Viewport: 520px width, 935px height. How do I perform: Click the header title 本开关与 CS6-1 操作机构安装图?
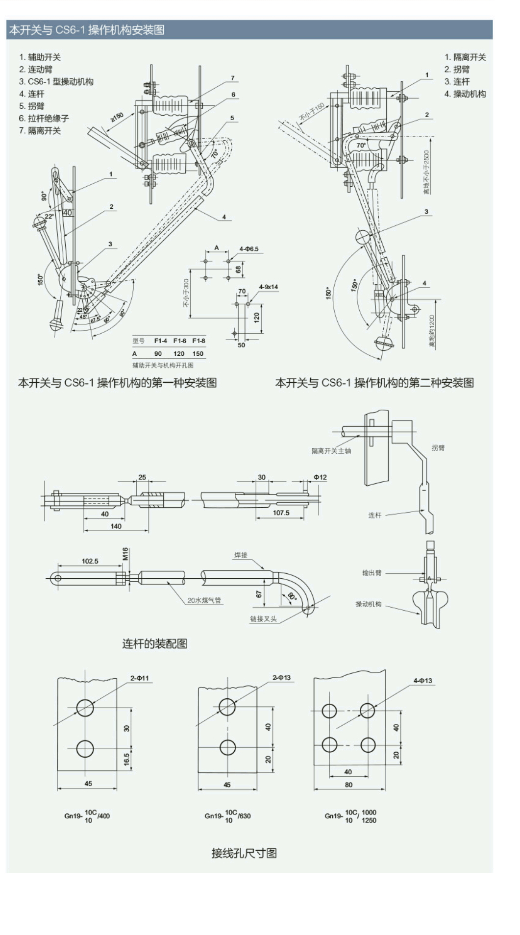[x=87, y=30]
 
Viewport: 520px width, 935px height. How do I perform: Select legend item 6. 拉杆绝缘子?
[x=44, y=118]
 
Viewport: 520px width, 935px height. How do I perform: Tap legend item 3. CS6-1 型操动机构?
[x=56, y=81]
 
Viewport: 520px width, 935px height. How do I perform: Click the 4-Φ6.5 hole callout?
[x=248, y=249]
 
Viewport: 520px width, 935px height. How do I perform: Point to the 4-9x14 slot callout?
[x=268, y=287]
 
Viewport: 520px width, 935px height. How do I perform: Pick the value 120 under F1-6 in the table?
[x=179, y=353]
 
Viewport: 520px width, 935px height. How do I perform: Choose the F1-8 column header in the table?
[x=198, y=341]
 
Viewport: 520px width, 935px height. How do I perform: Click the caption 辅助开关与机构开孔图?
[x=163, y=365]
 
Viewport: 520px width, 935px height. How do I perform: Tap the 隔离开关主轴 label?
[x=331, y=451]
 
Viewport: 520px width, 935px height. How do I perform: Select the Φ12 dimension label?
[x=320, y=477]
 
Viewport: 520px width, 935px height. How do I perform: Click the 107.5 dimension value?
[x=281, y=513]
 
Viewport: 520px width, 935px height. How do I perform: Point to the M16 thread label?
[x=125, y=554]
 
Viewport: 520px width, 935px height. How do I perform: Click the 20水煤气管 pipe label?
[x=204, y=600]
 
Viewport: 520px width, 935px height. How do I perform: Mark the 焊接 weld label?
[x=241, y=555]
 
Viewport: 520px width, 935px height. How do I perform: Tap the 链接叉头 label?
[x=263, y=619]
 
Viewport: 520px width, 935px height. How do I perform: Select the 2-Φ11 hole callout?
[x=139, y=678]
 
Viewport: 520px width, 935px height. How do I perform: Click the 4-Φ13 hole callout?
[x=422, y=680]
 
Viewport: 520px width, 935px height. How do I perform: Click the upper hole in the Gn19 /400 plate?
[x=85, y=707]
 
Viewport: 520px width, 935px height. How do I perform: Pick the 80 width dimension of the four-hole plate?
[x=348, y=785]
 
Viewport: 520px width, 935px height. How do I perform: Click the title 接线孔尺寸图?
[x=244, y=853]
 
